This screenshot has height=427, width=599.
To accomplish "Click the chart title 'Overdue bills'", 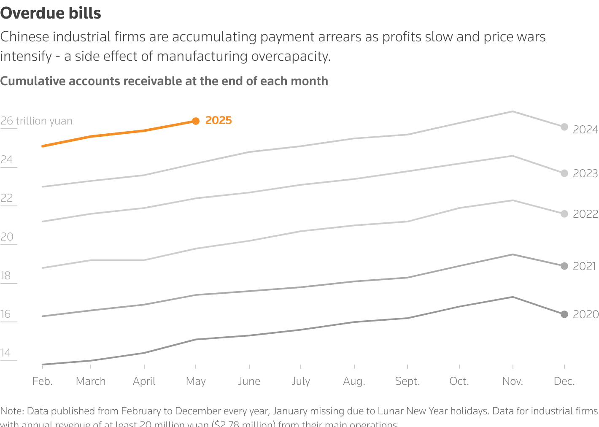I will [x=51, y=13].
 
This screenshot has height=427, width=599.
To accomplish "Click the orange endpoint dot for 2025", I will [x=196, y=121].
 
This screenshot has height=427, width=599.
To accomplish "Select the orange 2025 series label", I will [x=219, y=120].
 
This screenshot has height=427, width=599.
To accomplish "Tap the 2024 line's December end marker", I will [x=564, y=127].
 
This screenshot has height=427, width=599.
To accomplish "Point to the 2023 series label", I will [x=585, y=173].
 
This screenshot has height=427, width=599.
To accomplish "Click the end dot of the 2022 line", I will [x=564, y=214].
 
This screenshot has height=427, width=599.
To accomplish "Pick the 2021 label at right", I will [x=584, y=266].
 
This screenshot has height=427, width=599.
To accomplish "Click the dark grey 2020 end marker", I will [x=564, y=314].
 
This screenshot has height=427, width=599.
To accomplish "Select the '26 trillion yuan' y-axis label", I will [x=36, y=121].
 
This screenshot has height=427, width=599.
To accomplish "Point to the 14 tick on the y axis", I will [x=5, y=353].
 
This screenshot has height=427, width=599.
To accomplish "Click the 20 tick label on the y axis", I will [x=7, y=237].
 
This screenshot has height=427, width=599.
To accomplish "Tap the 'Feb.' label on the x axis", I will [x=43, y=381].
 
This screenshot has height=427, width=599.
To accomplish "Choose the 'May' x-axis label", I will [x=196, y=381].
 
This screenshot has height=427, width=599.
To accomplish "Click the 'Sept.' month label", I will [x=407, y=381].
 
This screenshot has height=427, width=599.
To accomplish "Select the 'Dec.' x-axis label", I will [x=564, y=381].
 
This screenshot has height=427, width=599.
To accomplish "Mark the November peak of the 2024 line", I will [x=513, y=111].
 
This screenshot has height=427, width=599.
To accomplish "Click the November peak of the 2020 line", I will [x=513, y=297].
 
